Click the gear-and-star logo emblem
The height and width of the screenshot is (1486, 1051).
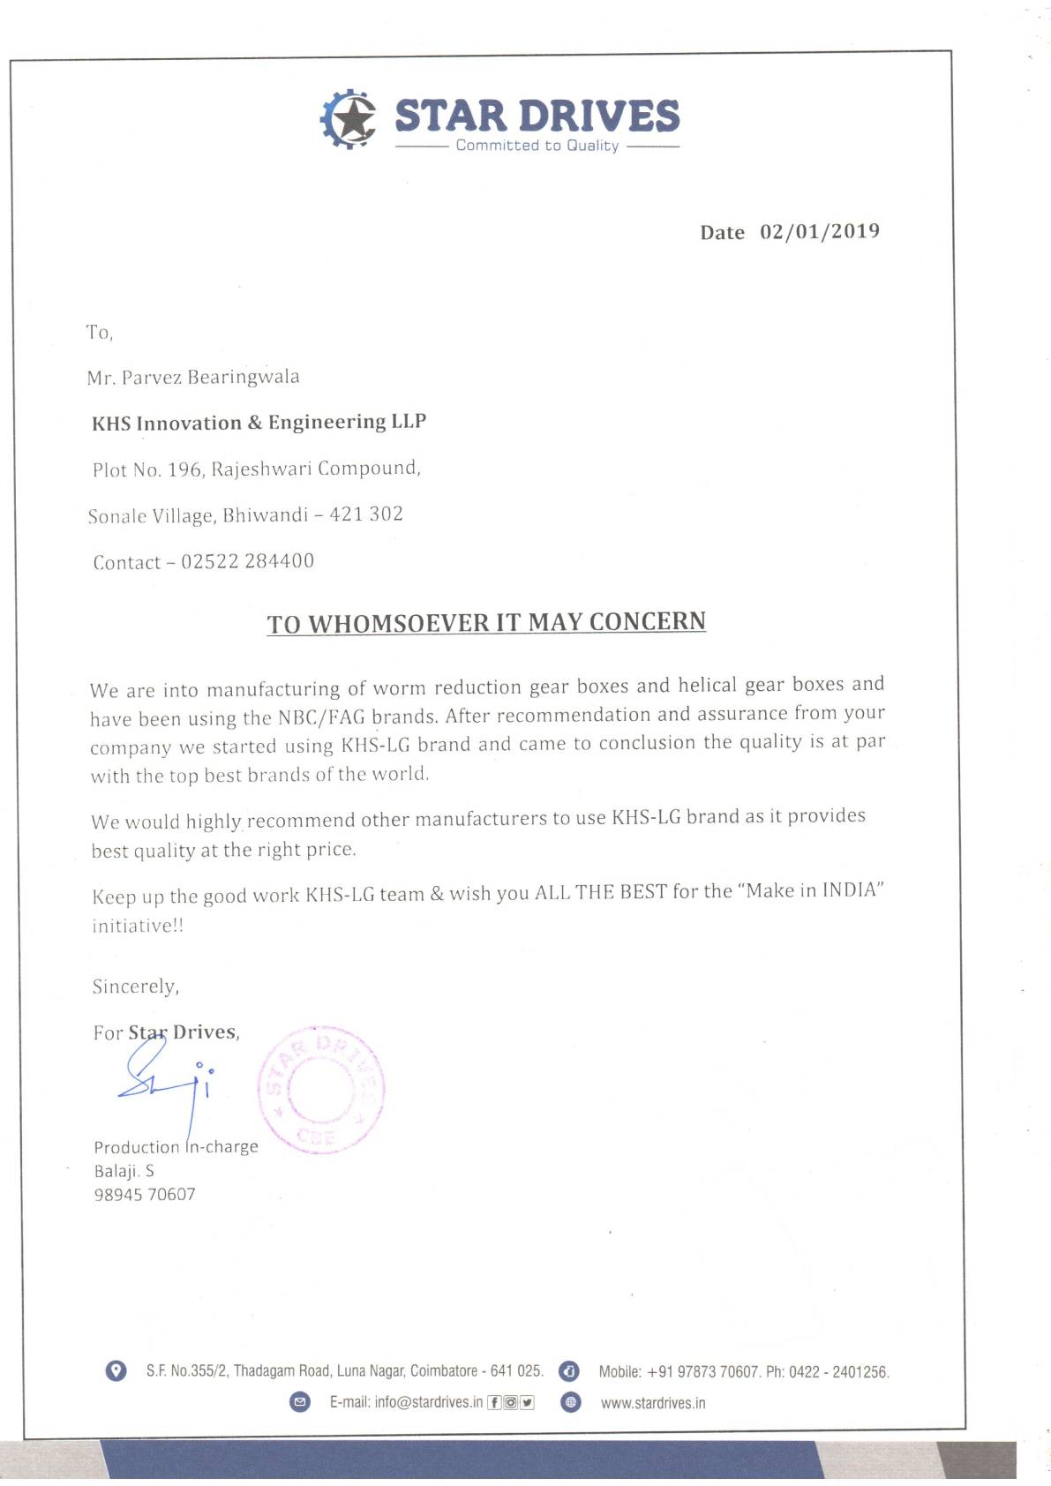point(348,118)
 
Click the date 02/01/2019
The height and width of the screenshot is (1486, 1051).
point(820,231)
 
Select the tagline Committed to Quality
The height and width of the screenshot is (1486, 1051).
point(537,146)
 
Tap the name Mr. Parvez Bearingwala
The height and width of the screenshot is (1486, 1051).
point(193,378)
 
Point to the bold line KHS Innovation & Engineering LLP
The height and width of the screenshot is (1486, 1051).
point(259,423)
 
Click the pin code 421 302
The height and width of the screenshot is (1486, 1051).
point(366,514)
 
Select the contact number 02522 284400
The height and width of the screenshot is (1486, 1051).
point(247,561)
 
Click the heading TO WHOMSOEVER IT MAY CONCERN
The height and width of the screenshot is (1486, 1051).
point(486,623)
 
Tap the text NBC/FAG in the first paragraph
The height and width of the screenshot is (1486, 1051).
point(321,717)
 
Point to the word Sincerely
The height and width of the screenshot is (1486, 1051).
point(135,987)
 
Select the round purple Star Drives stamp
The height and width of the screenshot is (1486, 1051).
point(320,1090)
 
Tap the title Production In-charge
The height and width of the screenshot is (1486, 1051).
point(176,1147)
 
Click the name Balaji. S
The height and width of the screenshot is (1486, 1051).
point(124,1171)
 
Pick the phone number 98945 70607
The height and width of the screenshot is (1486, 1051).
point(145,1195)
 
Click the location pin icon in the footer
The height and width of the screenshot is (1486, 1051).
point(116,1370)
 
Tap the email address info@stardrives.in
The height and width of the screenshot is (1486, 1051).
point(428,1402)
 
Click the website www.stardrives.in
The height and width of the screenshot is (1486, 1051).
point(653,1403)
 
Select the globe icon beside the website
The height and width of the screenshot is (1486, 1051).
point(571,1402)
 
